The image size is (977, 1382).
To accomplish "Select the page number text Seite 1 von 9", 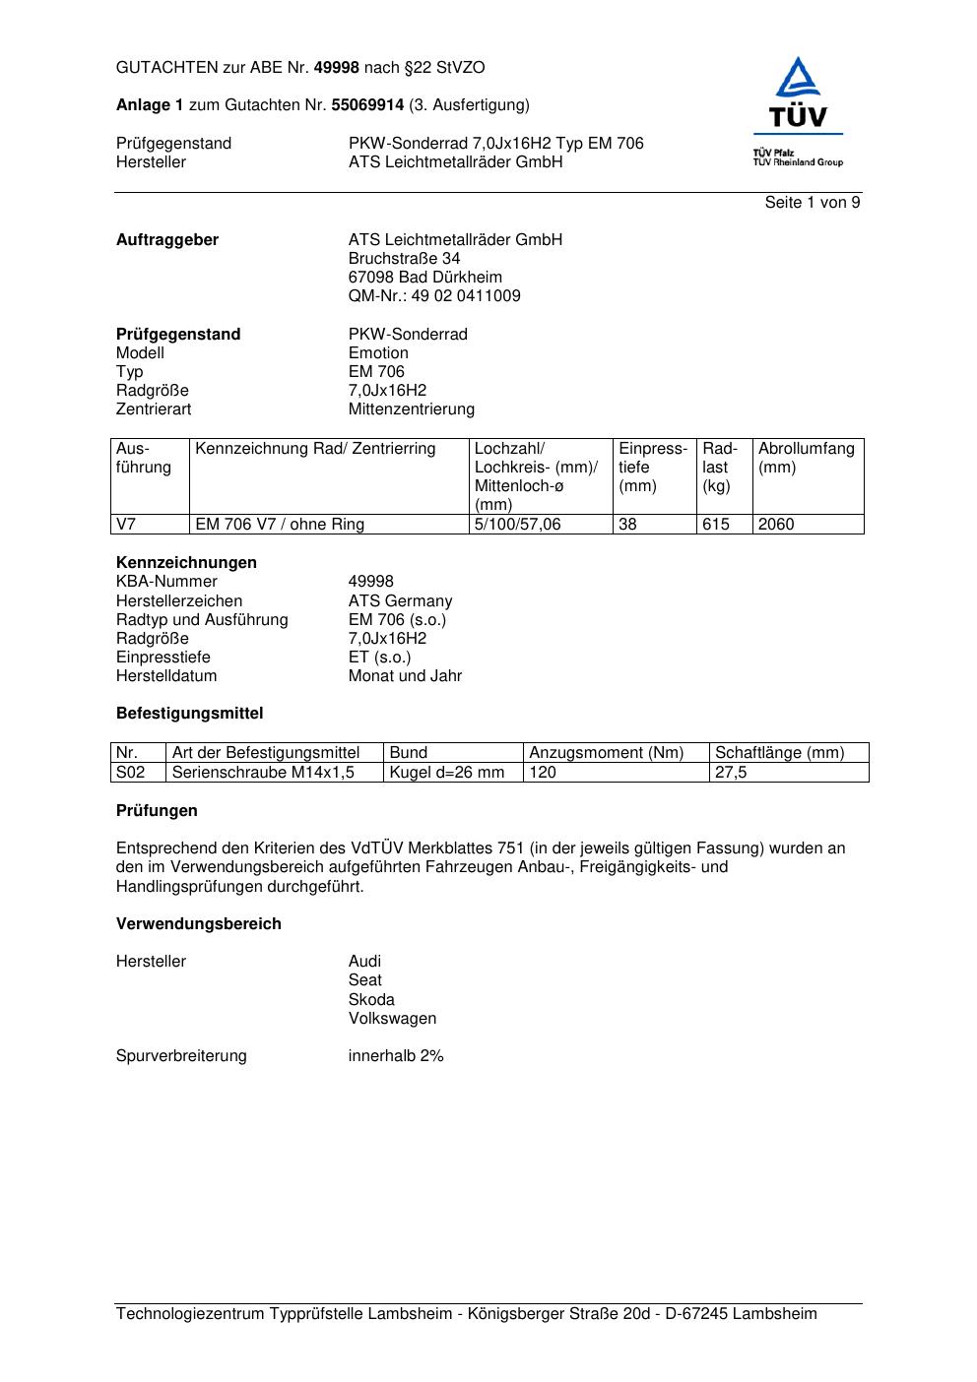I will point(813,203).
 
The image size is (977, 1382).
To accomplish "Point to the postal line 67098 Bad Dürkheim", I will point(424,278).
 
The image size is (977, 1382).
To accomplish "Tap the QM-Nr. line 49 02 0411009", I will point(434,296).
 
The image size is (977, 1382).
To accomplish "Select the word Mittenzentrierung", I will point(411,409).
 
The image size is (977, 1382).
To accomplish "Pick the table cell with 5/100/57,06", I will point(518,525).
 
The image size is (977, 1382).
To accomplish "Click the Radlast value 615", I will point(716,525).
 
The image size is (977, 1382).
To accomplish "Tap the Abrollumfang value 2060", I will point(776,525).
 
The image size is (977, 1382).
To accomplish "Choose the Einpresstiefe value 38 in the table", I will point(627,525).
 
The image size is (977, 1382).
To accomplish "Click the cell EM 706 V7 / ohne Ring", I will point(280,525).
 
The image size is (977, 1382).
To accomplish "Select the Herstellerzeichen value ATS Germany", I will point(400,601).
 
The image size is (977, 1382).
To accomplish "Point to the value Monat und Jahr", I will point(405,676).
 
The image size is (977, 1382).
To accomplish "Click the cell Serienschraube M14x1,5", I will point(263,773).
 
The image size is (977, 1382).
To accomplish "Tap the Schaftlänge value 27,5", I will point(731,773).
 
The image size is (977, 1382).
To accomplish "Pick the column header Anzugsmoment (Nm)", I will point(607,753).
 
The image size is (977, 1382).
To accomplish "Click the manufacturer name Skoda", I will point(371,1000).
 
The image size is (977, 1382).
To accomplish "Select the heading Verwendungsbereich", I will point(199,924).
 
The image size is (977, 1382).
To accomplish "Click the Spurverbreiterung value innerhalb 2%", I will point(396,1056).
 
